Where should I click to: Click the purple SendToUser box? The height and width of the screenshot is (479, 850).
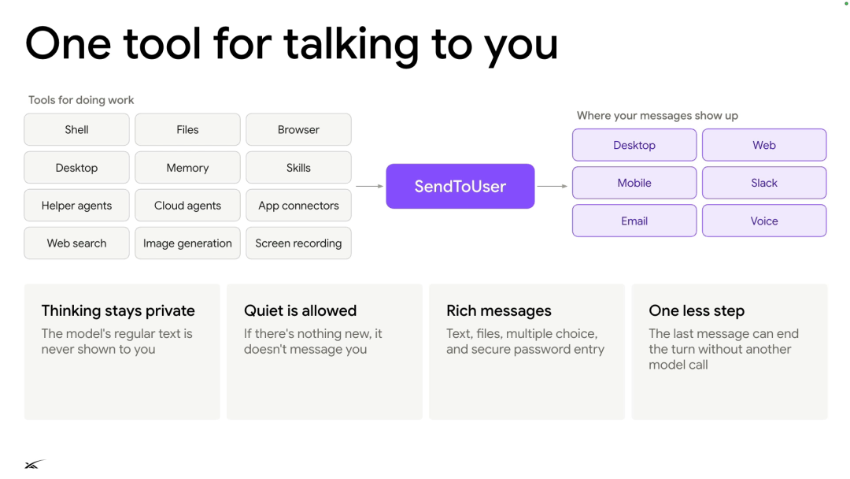tap(460, 186)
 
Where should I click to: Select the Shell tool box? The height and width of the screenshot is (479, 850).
tap(76, 130)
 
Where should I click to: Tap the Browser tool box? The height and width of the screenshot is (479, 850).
tap(299, 130)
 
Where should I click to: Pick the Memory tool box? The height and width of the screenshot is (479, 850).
tap(187, 168)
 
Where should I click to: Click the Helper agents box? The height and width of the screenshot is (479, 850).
tap(76, 206)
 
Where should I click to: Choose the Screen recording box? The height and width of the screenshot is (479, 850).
tap(299, 243)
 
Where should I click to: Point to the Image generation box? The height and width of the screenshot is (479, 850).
tap(187, 243)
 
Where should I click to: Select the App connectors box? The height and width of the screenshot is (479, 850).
tap(299, 206)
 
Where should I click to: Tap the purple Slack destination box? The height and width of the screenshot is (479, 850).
tap(764, 183)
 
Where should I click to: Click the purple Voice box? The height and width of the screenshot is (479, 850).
tap(764, 221)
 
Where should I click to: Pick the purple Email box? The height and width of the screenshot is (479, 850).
tap(634, 221)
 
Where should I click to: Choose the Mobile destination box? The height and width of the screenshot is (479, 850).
tap(634, 183)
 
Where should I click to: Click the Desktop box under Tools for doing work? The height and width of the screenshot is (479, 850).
tap(76, 168)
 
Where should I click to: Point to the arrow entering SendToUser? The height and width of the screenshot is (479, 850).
tap(370, 186)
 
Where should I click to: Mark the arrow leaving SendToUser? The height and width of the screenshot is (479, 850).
tap(552, 186)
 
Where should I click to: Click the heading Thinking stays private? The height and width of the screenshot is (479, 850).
tap(118, 311)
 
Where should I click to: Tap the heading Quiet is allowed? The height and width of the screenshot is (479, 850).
tap(301, 311)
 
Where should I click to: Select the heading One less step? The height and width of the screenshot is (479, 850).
tap(697, 311)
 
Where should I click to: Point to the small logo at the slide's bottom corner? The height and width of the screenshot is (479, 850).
tap(35, 464)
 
